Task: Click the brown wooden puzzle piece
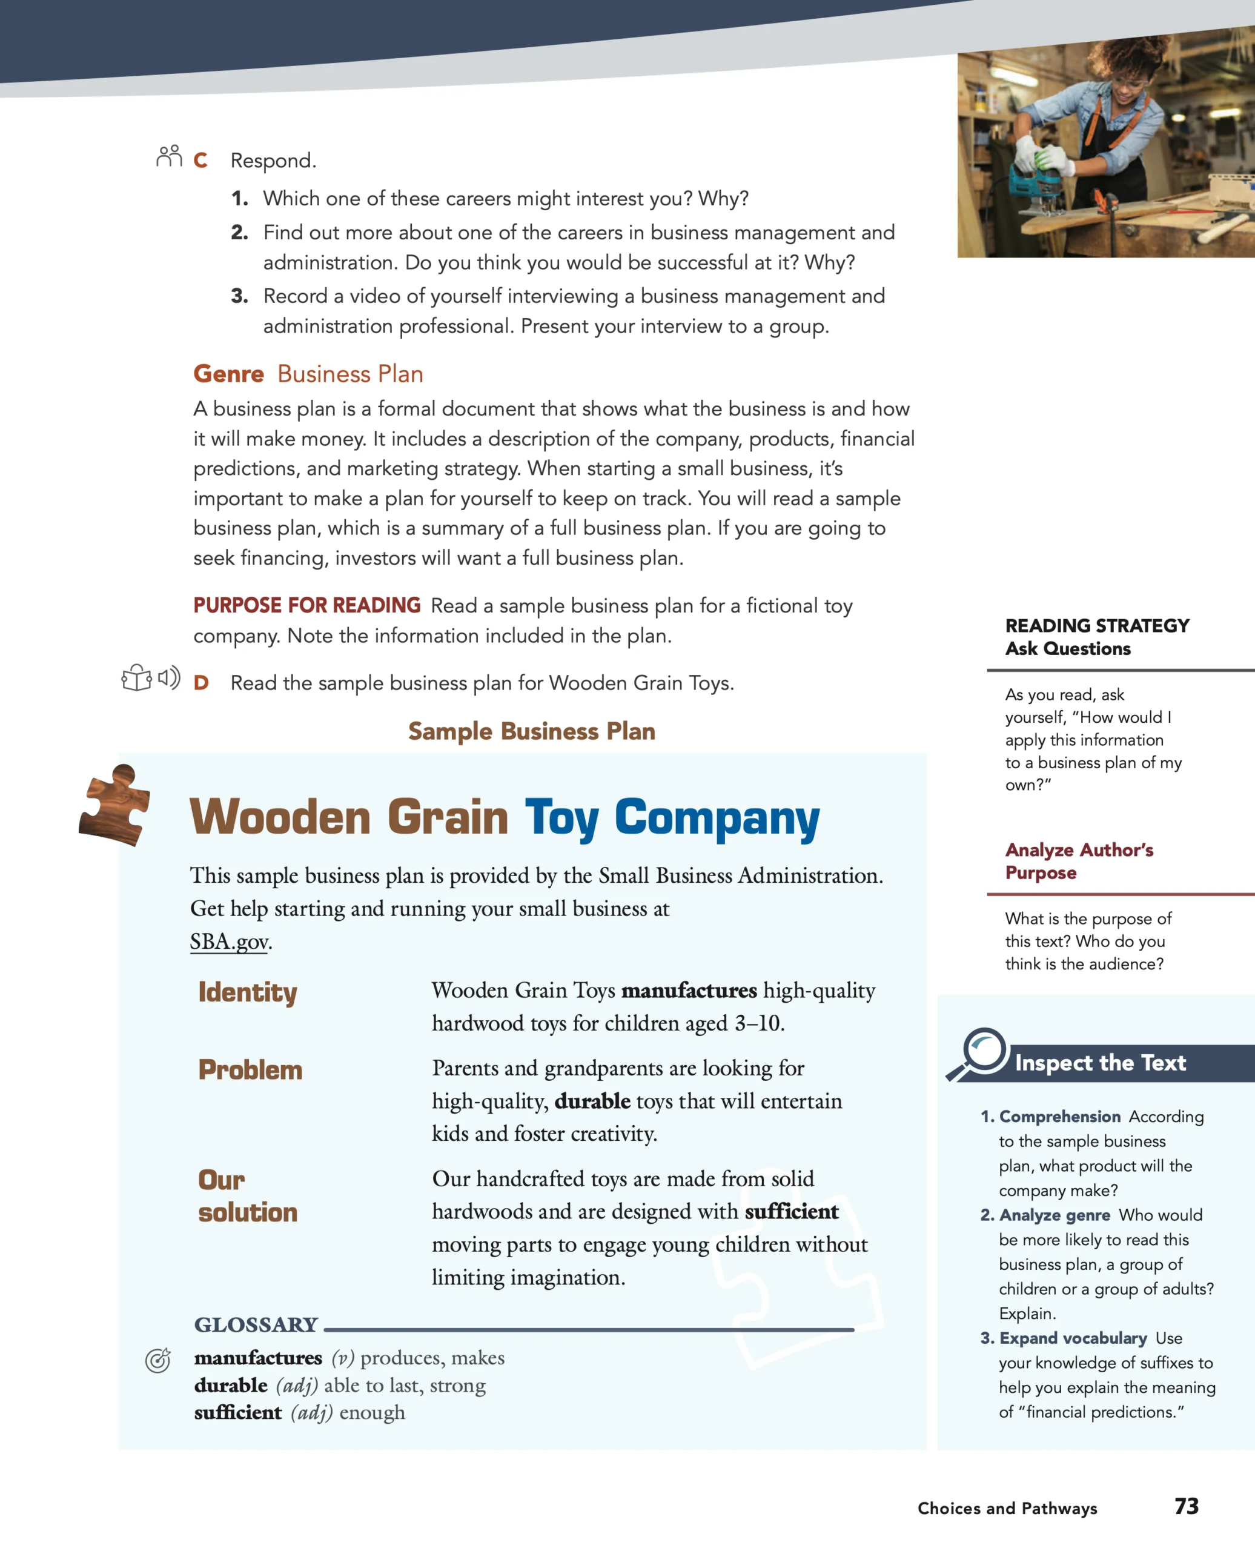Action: click(x=116, y=804)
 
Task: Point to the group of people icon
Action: click(x=169, y=156)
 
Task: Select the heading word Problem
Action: click(x=250, y=1069)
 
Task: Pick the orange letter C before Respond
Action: click(x=200, y=160)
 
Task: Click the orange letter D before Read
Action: click(x=201, y=683)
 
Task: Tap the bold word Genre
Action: click(x=228, y=374)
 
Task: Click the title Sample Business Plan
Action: click(x=531, y=731)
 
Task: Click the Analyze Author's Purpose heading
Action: click(x=1079, y=860)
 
